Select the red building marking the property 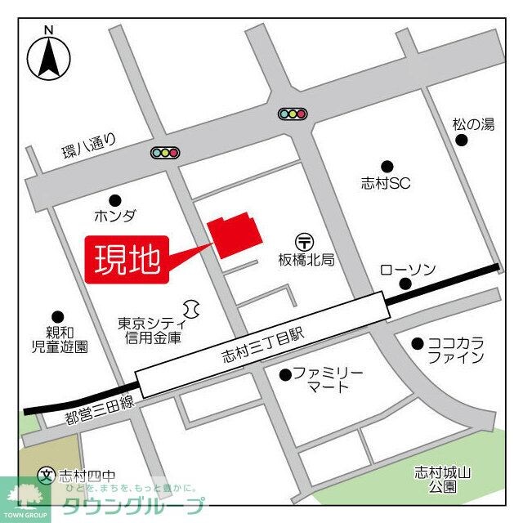(235, 236)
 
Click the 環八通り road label (90, 146)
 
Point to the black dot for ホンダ (114, 199)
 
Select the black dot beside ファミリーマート (285, 374)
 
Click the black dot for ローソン (405, 284)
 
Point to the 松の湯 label (473, 124)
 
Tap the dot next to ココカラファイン (418, 343)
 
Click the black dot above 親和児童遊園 (57, 316)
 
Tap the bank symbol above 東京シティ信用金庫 (192, 308)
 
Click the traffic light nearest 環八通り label (165, 152)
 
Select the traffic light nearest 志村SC (292, 114)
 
